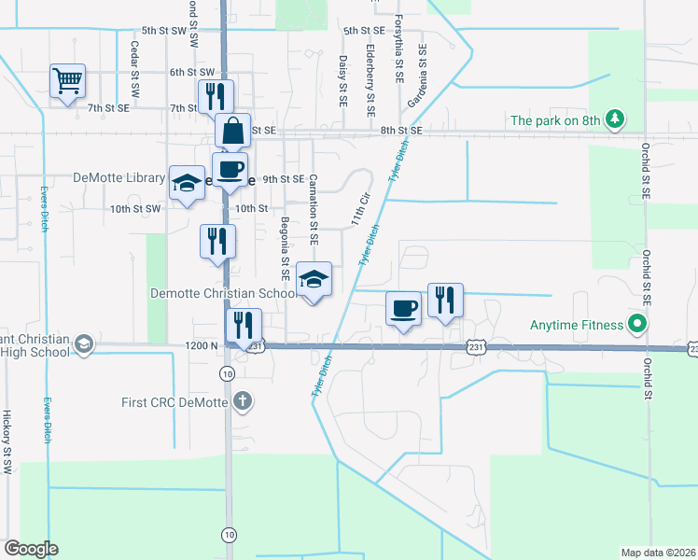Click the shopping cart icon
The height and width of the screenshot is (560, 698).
[68, 82]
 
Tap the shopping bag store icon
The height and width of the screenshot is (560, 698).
[232, 132]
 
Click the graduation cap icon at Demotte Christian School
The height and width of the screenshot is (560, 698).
[314, 279]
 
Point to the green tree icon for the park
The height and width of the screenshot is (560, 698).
[614, 119]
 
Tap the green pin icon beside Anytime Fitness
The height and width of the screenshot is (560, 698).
[638, 325]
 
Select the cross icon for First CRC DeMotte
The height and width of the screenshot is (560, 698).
[242, 402]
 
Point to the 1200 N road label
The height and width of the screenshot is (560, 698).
[202, 345]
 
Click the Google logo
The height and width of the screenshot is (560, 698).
[31, 549]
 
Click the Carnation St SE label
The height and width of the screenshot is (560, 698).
[314, 209]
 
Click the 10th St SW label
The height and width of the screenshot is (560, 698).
[135, 209]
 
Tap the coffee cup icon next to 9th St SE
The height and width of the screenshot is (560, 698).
[230, 170]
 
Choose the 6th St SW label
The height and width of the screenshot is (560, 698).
[192, 72]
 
